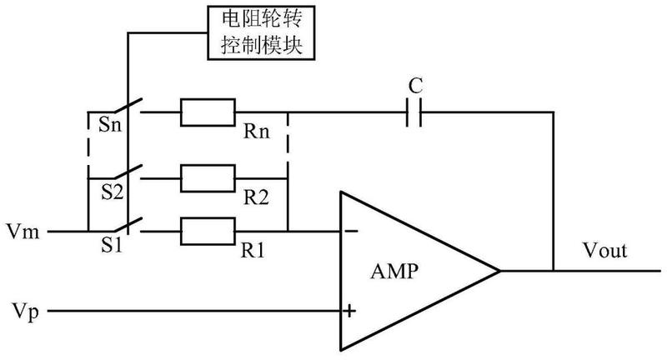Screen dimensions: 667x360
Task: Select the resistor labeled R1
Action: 208,231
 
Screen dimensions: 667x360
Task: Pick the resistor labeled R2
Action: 208,178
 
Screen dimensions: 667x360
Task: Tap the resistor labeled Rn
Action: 208,112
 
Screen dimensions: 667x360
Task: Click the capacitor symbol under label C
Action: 414,112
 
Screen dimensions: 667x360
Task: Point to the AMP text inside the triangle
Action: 394,271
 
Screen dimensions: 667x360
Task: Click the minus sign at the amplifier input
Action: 351,231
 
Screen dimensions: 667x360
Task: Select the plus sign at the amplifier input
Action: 349,311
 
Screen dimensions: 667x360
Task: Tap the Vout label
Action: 605,250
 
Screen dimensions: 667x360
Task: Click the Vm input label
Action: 23,232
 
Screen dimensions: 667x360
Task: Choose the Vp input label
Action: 26,312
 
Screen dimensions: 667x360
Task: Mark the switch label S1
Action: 112,245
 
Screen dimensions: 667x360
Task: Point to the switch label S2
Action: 112,192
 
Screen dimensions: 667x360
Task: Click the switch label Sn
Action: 110,124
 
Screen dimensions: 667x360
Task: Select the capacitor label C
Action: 415,86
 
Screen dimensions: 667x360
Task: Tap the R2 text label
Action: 256,197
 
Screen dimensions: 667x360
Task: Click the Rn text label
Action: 257,132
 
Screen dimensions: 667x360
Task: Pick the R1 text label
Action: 253,250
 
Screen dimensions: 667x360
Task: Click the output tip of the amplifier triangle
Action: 499,271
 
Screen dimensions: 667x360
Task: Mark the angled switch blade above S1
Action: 127,225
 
